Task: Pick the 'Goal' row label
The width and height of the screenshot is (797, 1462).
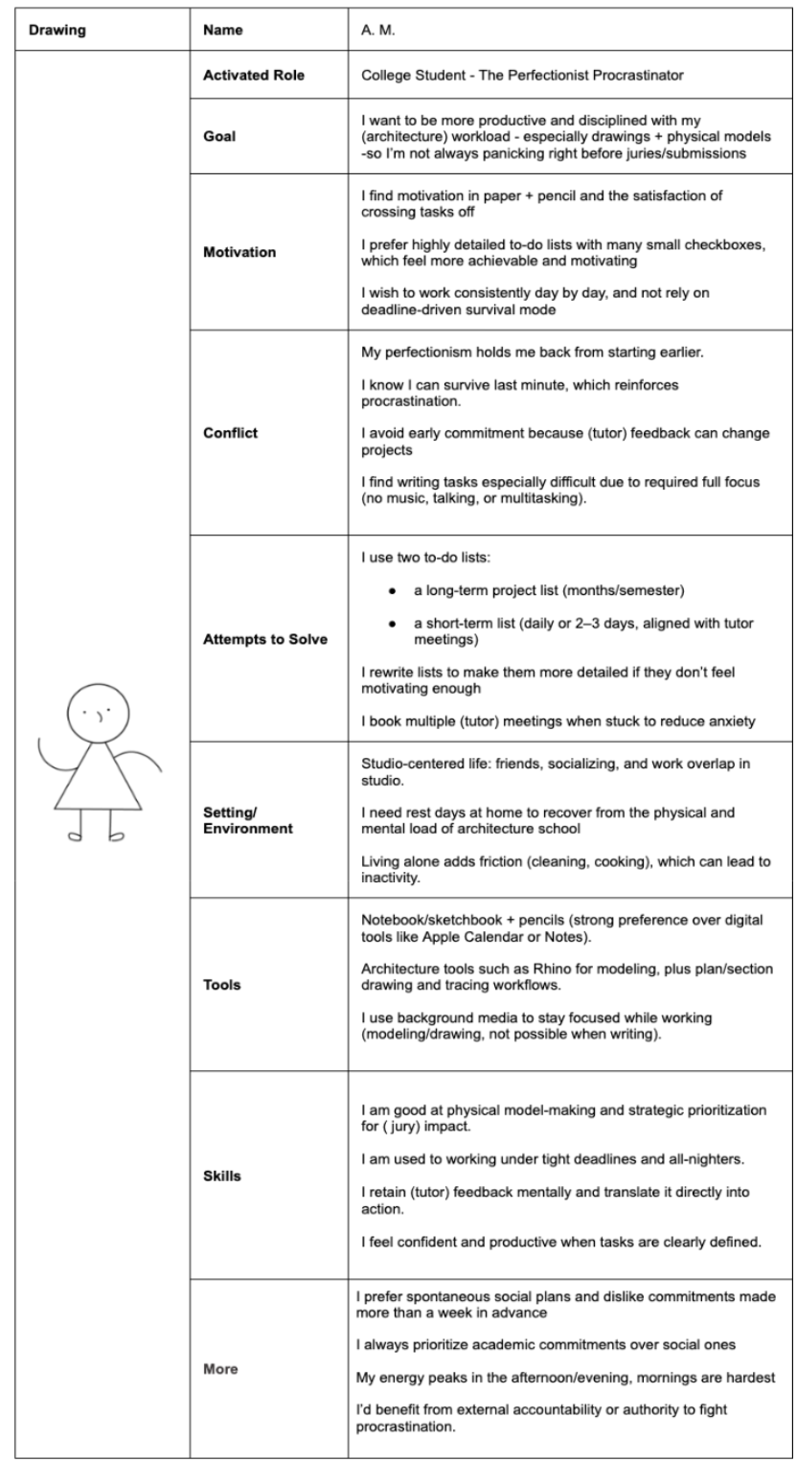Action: tap(220, 136)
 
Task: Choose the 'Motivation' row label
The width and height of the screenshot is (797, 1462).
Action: tap(239, 252)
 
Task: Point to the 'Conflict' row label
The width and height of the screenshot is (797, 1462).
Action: tap(232, 431)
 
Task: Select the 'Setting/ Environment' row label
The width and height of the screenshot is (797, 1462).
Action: tap(248, 820)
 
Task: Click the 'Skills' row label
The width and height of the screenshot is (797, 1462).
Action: tap(222, 1176)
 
